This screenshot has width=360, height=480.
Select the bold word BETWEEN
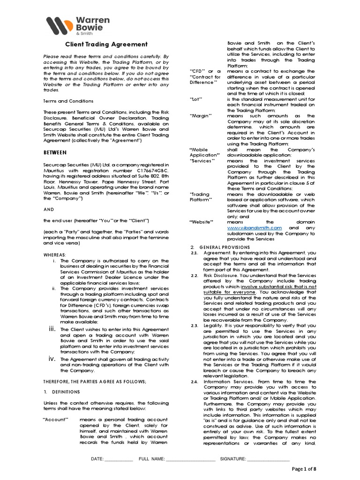[x=55, y=152]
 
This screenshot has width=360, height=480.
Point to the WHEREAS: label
[x=55, y=255]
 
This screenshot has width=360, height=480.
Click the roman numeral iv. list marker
[x=52, y=359]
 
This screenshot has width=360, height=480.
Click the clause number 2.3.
[x=195, y=325]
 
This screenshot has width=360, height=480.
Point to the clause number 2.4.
[x=195, y=382]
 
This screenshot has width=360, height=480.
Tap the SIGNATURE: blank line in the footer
[x=268, y=458]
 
